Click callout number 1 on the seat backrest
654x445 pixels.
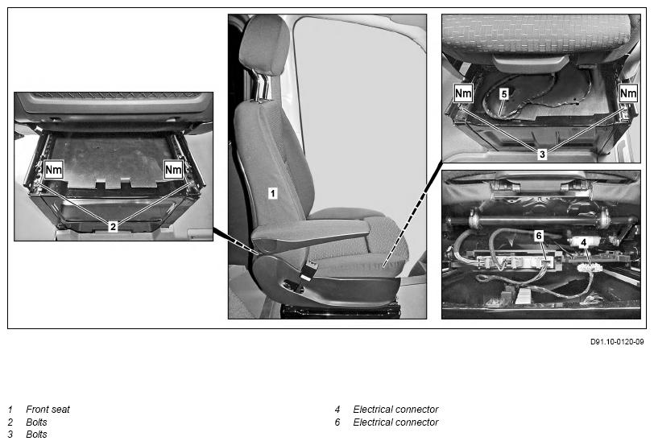[x=272, y=193]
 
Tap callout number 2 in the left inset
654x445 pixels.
[x=113, y=227]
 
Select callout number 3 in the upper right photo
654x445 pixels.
[x=542, y=155]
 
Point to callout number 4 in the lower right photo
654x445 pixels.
[x=584, y=242]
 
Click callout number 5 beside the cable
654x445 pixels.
[x=504, y=94]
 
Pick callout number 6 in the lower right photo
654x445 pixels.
[x=539, y=236]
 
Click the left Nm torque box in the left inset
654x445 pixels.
[x=53, y=170]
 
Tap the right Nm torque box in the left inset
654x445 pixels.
[x=173, y=170]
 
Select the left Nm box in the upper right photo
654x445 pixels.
[x=463, y=93]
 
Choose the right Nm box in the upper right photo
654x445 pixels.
[x=628, y=93]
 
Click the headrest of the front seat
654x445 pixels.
[x=264, y=45]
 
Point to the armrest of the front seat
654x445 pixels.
[x=311, y=233]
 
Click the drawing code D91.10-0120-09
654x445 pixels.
[x=617, y=342]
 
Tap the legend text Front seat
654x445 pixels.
[x=48, y=410]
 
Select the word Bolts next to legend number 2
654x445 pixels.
[x=36, y=422]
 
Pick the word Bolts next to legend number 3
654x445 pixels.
[x=36, y=435]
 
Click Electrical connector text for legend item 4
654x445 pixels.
[x=395, y=410]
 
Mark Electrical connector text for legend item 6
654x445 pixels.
[x=395, y=422]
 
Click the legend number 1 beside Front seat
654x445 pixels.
[x=10, y=410]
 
